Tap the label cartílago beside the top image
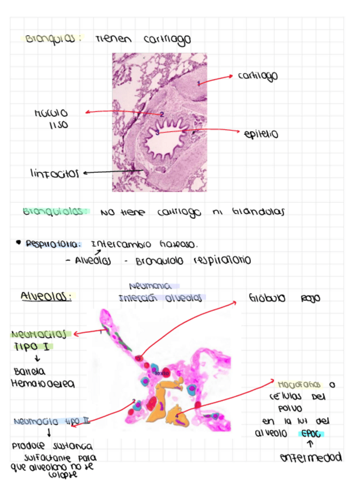tap(258, 76)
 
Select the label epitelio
tap(262, 135)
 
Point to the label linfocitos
tap(54, 173)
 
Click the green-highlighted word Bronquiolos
tap(56, 212)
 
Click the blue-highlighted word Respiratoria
tap(53, 245)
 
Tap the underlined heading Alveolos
tap(46, 296)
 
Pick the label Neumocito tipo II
tap(52, 421)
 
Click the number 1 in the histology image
tap(198, 83)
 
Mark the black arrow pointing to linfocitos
tap(110, 172)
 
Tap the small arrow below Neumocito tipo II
tap(49, 433)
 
